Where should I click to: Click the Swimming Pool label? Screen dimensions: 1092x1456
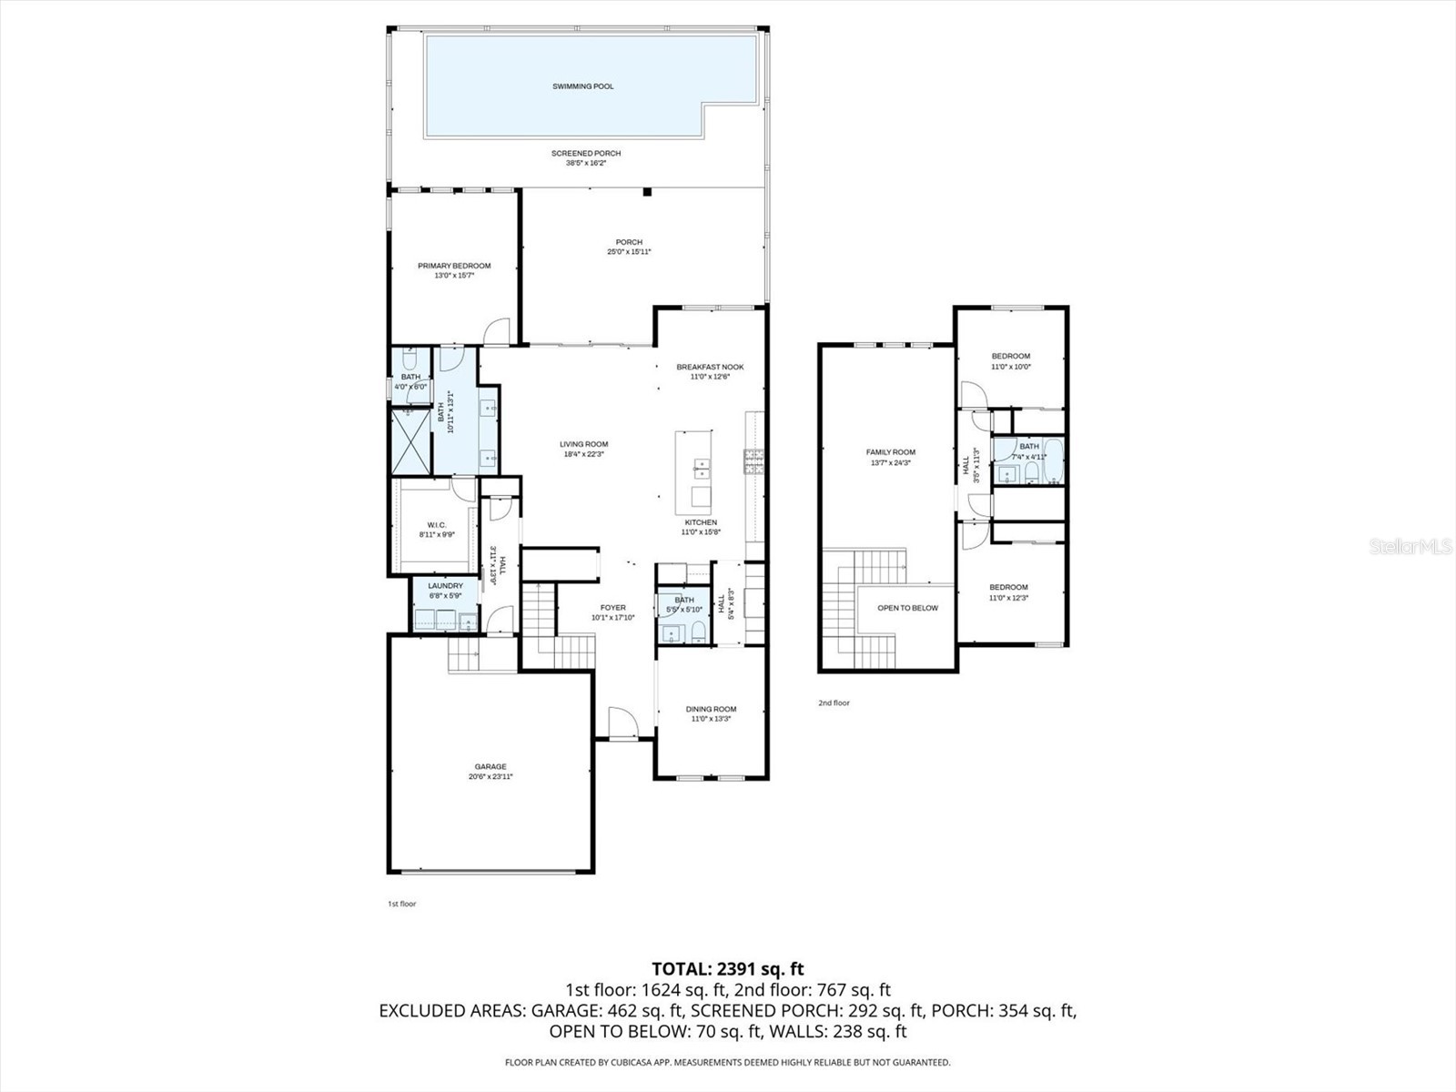tap(582, 86)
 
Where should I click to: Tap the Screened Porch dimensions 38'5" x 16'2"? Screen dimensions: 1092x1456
tap(586, 163)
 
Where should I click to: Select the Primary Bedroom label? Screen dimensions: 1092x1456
tap(454, 266)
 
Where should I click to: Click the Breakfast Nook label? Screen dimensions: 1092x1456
tap(710, 367)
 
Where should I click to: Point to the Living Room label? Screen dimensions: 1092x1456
tap(583, 444)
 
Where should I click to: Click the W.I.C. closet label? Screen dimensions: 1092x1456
tap(436, 525)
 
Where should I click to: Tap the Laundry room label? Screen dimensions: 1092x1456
tap(445, 586)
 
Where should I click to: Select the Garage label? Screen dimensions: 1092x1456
tap(490, 766)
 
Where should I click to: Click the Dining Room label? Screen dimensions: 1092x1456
tap(711, 709)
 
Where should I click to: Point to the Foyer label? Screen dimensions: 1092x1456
tap(612, 607)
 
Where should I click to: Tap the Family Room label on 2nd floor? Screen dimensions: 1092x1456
tap(890, 452)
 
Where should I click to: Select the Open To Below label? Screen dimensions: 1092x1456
tap(907, 608)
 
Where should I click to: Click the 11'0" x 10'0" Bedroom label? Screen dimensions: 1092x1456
tap(1010, 356)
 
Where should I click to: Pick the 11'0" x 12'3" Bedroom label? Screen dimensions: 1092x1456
tap(1008, 587)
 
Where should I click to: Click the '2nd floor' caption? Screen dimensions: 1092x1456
tap(834, 703)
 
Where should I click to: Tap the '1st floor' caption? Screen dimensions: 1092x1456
tap(401, 904)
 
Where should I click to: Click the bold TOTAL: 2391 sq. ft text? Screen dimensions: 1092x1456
tap(727, 969)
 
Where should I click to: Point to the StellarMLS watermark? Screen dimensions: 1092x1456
tap(1410, 547)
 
